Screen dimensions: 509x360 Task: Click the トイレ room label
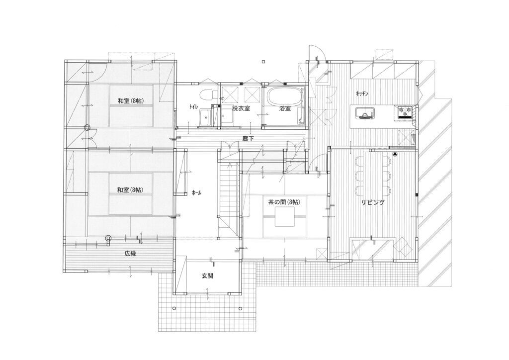pos(194,106)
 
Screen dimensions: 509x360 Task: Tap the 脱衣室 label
pos(241,108)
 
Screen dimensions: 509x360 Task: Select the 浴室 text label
pos(285,108)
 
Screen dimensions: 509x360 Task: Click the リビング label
pos(373,202)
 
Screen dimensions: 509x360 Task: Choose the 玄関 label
pos(207,276)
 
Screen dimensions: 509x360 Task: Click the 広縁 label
pos(130,254)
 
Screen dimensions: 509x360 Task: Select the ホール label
pos(197,192)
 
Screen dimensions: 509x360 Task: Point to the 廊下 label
pos(248,139)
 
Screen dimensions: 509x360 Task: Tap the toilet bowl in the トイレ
pos(206,95)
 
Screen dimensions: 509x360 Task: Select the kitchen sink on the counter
pos(365,112)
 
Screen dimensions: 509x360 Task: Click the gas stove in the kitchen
pos(404,112)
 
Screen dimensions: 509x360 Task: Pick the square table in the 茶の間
pos(285,216)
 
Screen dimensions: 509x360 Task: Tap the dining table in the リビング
pos(373,176)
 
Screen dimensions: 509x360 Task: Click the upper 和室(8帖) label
pos(131,100)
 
